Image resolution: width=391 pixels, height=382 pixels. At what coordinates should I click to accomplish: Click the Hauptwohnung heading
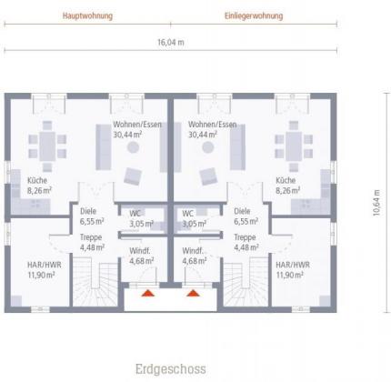87,15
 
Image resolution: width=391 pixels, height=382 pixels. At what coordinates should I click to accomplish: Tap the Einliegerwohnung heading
254,15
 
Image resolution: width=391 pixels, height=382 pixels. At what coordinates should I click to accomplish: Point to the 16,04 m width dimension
171,42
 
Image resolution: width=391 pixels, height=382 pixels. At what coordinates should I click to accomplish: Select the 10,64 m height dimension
376,203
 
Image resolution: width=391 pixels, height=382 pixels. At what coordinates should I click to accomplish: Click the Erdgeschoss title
171,369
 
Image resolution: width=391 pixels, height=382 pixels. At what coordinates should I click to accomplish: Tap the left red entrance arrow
148,293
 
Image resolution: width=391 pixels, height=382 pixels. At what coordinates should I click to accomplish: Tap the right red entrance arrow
193,293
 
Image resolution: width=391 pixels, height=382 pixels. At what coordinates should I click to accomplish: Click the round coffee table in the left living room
133,147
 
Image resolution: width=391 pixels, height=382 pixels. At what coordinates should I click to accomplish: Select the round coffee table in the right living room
208,147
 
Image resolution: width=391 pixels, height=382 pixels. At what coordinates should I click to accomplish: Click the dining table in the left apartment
47,146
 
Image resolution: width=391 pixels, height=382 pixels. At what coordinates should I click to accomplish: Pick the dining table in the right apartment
294,146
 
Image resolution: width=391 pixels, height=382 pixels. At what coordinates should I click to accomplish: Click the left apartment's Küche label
37,180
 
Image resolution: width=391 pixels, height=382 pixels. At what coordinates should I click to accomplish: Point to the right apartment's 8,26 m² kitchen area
288,191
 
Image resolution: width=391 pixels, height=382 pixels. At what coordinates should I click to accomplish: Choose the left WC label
135,214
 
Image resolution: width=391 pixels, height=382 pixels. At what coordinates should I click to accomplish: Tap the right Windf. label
193,251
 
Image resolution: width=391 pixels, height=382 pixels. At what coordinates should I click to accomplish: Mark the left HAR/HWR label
45,265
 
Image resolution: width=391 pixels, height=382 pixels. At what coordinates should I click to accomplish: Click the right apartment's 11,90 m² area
290,275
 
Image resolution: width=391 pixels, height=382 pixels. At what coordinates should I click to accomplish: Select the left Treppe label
91,237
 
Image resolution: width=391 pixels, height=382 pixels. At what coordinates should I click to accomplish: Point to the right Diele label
242,211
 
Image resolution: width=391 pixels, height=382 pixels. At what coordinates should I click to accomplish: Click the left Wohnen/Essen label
137,125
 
